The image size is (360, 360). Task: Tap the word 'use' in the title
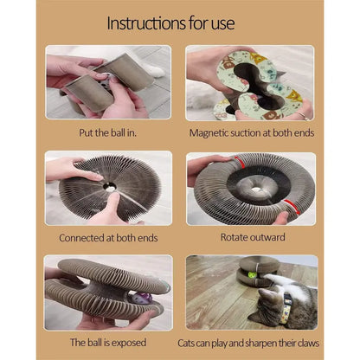pos(222,24)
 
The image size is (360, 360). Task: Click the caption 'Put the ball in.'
pos(107,132)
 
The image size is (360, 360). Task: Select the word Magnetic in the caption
pos(209,133)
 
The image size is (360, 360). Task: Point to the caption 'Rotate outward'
pos(253,237)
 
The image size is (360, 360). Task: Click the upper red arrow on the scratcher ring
pos(240,162)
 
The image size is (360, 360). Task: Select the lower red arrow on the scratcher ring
pos(292,206)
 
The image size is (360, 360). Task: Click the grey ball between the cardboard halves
pos(103,83)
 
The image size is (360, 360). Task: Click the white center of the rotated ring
pos(256,190)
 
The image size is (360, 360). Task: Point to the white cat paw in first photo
pos(152,70)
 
